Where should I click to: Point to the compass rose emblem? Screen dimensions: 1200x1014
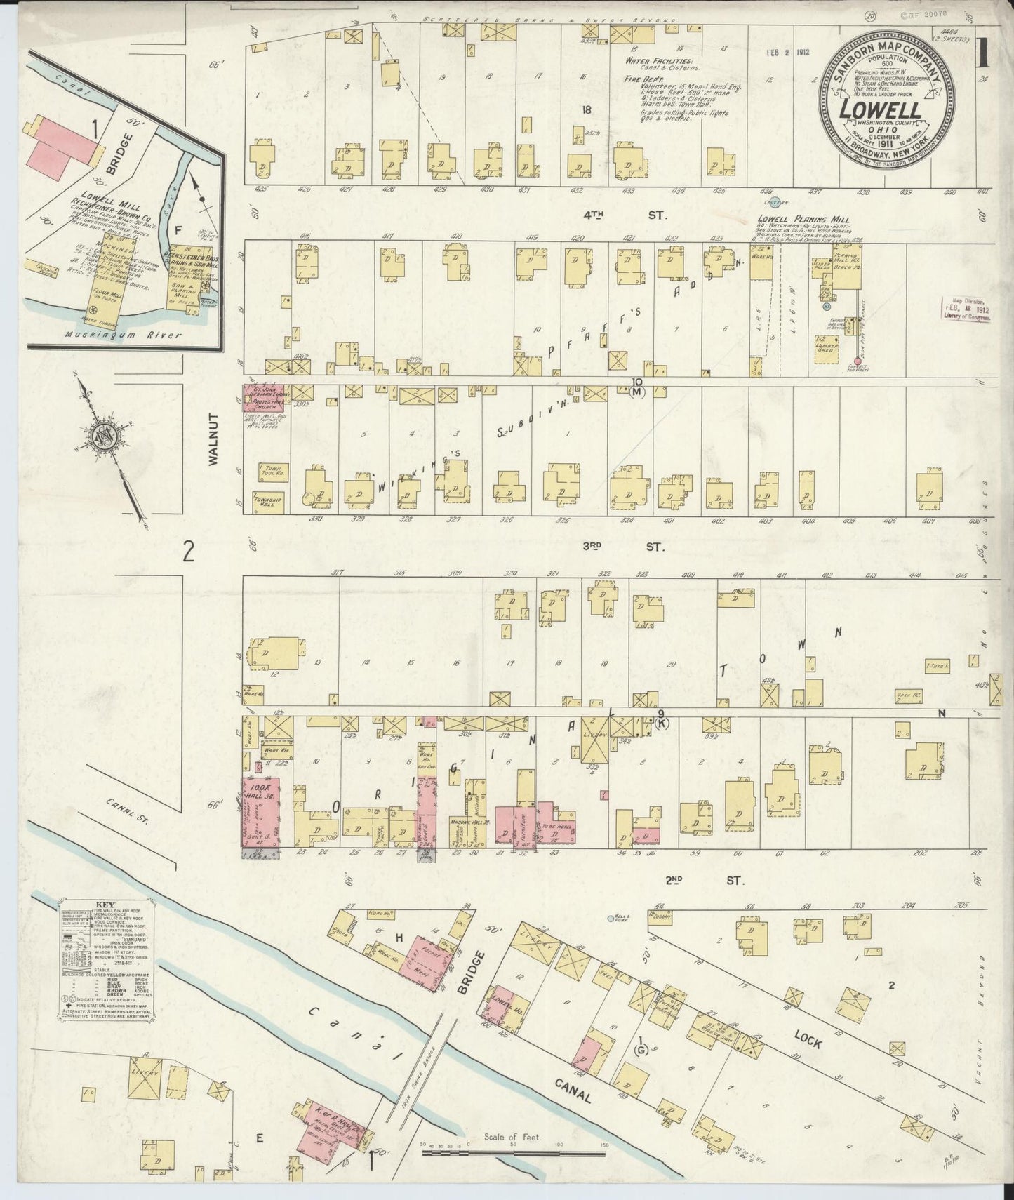point(109,436)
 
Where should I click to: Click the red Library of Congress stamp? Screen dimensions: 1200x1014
point(968,309)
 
